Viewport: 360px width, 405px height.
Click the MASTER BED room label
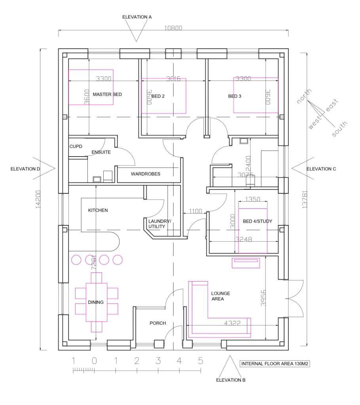click(x=107, y=95)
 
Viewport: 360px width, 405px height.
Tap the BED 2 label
click(x=158, y=96)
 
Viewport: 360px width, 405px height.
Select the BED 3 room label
click(x=235, y=96)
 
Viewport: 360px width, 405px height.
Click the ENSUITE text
click(x=101, y=152)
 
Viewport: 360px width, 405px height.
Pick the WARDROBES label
click(x=146, y=174)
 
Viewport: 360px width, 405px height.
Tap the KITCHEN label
click(x=98, y=210)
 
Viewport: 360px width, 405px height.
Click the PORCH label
click(x=157, y=324)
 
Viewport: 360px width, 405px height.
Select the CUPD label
click(x=76, y=147)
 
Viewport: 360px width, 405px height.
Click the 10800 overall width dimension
click(x=173, y=28)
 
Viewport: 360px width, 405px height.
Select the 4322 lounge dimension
click(x=232, y=323)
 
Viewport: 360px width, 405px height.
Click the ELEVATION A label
click(x=137, y=17)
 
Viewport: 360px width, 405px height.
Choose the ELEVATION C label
click(x=321, y=169)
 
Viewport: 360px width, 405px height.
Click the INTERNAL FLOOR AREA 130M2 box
click(x=275, y=364)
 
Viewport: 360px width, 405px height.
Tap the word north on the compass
click(x=305, y=97)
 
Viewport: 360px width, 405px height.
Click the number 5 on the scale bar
click(x=200, y=361)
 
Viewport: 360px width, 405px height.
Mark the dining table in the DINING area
click(x=97, y=302)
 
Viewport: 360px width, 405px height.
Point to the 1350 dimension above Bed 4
click(x=253, y=200)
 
